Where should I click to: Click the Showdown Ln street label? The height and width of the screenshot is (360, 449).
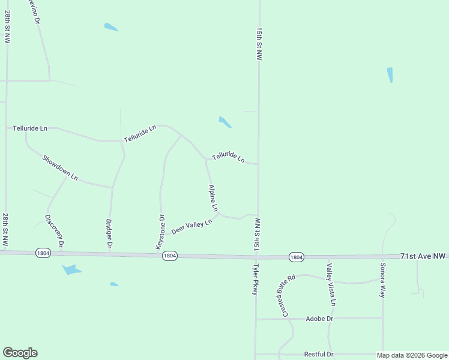(x=60, y=167)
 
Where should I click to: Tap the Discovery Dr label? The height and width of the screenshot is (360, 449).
(x=55, y=232)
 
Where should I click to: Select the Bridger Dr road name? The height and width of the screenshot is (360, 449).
(x=109, y=234)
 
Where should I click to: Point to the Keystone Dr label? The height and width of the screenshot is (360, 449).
(x=160, y=232)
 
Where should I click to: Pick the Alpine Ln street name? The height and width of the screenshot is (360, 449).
(x=213, y=197)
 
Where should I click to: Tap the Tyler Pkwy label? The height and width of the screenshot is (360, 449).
(x=255, y=279)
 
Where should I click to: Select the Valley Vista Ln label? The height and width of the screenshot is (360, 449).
(x=331, y=285)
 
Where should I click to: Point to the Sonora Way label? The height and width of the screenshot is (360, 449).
(x=382, y=280)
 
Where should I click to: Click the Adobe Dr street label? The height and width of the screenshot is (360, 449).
(x=319, y=319)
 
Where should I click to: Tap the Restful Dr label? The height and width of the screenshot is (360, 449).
(x=319, y=355)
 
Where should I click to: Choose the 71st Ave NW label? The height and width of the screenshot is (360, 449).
(x=423, y=256)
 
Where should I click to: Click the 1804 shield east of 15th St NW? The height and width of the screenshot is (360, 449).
(x=296, y=257)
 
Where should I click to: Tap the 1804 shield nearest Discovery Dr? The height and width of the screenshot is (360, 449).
(x=43, y=253)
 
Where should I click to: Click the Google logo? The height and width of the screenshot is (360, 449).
(x=20, y=353)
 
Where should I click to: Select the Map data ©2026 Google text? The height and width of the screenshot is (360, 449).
(x=411, y=355)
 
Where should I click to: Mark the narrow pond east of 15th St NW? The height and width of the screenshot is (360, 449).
(x=390, y=75)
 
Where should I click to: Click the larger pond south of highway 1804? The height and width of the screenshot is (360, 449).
(x=71, y=270)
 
